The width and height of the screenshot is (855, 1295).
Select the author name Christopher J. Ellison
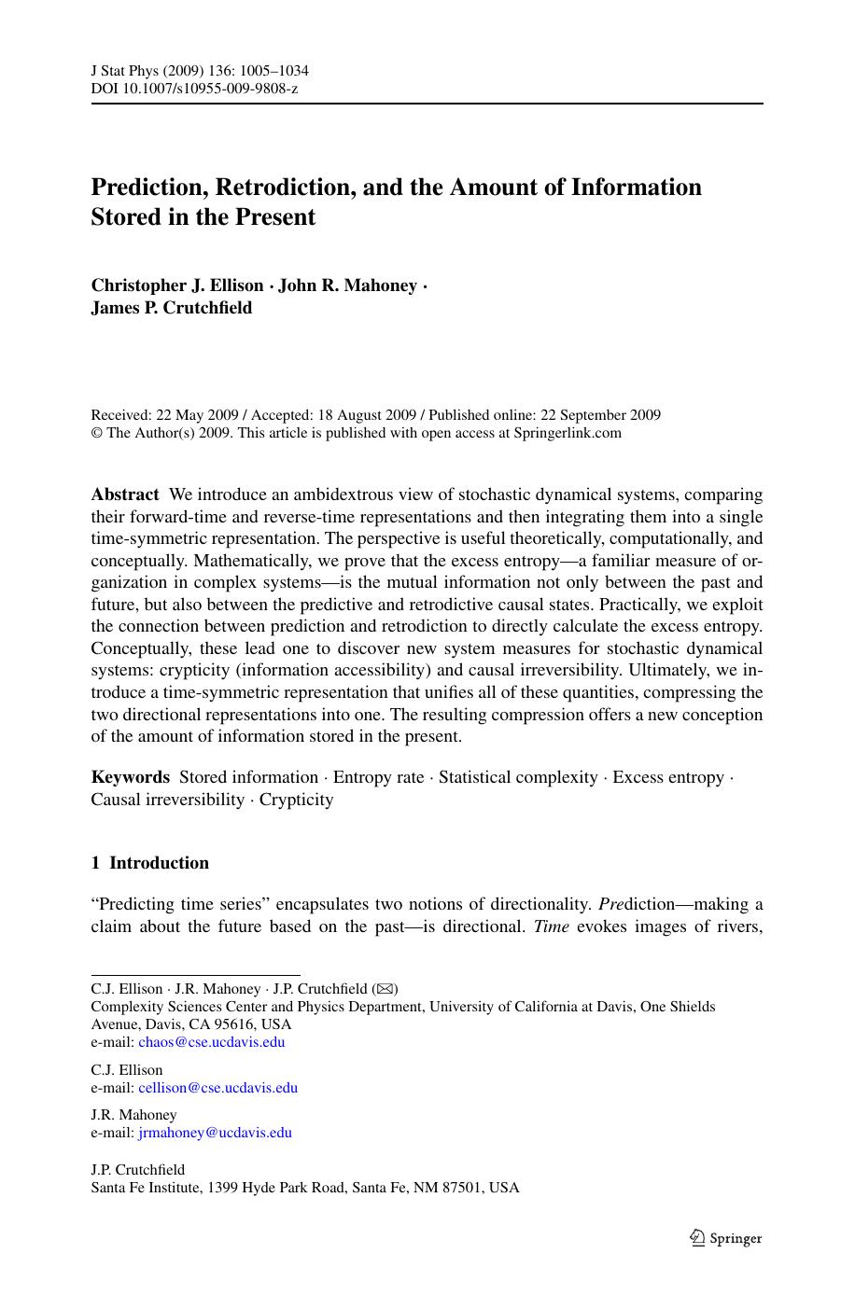pos(176,285)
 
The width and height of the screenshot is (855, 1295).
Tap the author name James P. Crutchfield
pos(171,308)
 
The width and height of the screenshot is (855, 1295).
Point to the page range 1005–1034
pos(276,71)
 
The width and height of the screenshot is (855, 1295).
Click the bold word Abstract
pos(125,494)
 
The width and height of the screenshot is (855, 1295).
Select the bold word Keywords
pos(130,777)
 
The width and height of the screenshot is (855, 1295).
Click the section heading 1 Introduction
pos(149,863)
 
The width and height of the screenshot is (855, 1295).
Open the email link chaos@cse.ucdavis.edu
pos(211,1042)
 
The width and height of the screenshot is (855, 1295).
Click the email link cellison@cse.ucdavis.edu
pos(217,1087)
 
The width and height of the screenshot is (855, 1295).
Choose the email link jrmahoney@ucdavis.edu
pos(215,1133)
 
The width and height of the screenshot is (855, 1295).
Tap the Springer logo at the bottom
pos(725,1238)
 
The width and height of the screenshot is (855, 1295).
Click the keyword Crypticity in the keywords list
pos(296,800)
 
